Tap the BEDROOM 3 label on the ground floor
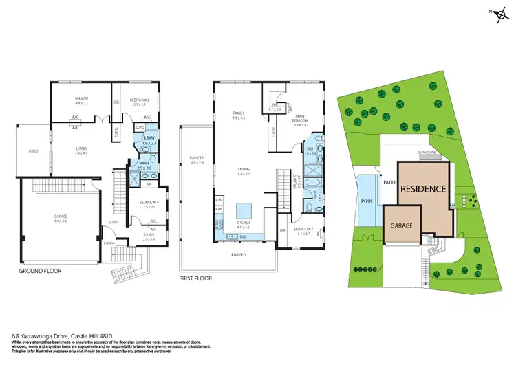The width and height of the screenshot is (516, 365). click(x=141, y=102)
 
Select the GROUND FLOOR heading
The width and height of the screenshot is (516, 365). click(x=41, y=271)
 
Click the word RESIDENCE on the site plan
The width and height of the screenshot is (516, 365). click(x=423, y=188)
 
